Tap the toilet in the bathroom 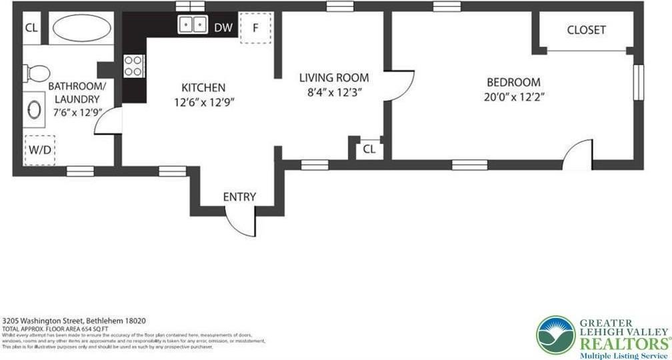pos(39,72)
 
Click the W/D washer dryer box pos(40,150)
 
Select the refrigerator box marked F pos(255,28)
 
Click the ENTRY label pos(239,197)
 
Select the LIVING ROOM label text pos(333,78)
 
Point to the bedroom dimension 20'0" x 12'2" pos(513,97)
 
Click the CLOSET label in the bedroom pos(586,30)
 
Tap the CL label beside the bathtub pos(31,28)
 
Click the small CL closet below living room pos(369,149)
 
